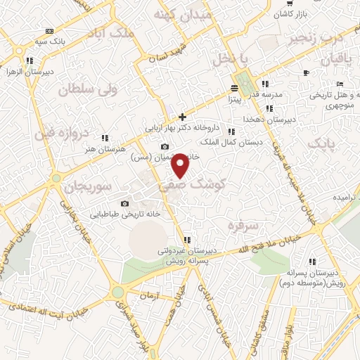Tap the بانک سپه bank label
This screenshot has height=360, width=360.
[x=51, y=41]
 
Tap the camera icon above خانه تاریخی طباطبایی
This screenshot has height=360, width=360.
[x=125, y=203]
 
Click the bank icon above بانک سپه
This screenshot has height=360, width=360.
[x=49, y=32]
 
